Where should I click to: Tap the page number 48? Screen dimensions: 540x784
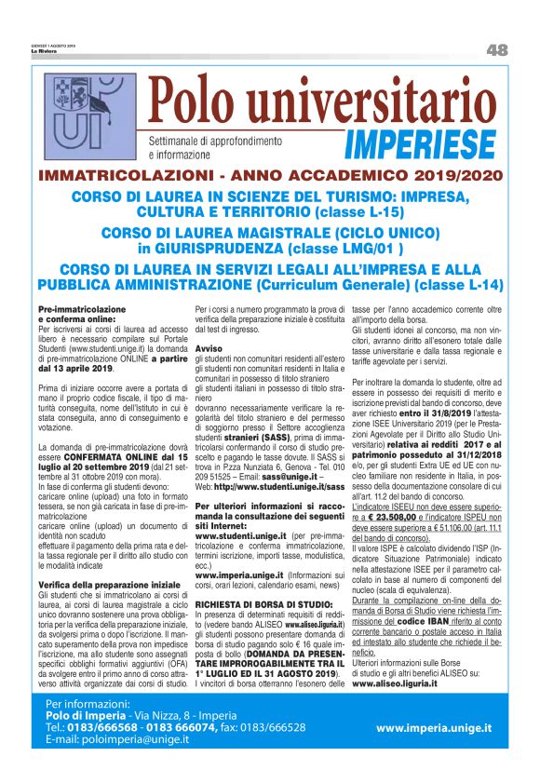coord(496,49)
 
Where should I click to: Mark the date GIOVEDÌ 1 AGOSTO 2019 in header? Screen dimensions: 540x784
coord(52,46)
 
